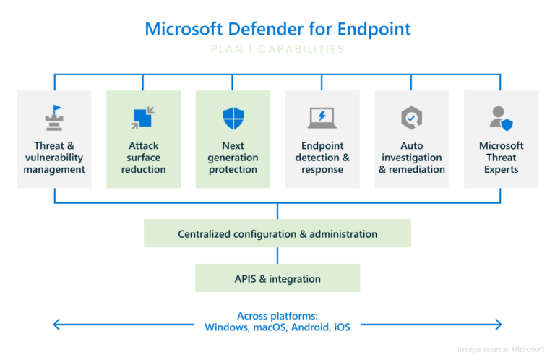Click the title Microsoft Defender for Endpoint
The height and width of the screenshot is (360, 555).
point(277,29)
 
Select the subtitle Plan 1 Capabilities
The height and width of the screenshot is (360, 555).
point(277,50)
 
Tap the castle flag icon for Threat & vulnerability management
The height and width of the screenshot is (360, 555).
point(54,117)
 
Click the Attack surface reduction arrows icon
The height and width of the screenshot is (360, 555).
point(143,117)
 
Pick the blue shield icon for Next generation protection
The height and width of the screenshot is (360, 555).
point(233,117)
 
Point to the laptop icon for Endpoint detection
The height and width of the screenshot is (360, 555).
point(322,117)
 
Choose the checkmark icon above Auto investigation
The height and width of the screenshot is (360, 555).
point(411,117)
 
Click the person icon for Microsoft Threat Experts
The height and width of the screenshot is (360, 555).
point(500,117)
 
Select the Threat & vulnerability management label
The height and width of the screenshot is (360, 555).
point(54,158)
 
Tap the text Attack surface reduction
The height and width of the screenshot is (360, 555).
point(143,158)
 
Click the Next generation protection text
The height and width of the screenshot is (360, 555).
point(233,158)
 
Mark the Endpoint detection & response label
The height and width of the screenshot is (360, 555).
point(322,158)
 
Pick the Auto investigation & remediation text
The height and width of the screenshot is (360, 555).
point(411,158)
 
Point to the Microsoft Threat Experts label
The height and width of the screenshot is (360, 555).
point(501,158)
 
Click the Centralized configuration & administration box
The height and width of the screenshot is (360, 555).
point(277,233)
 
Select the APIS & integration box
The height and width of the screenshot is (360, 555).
point(277,278)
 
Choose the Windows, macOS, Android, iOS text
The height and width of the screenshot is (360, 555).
point(277,327)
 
